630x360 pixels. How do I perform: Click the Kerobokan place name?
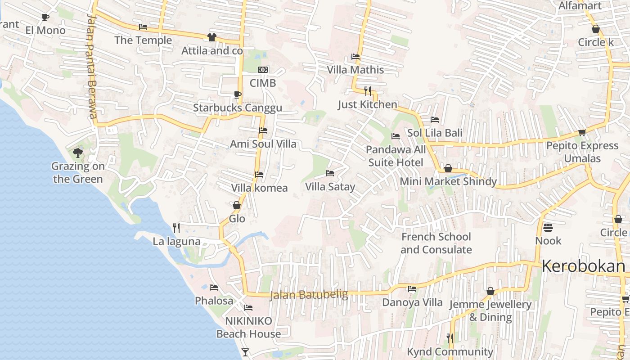[583, 266]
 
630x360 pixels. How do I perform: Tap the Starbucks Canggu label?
[238, 108]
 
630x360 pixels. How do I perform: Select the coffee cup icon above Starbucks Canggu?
[238, 94]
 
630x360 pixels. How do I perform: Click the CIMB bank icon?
[263, 70]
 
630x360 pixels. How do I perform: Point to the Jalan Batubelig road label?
[309, 295]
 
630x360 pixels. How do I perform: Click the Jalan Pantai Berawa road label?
[92, 66]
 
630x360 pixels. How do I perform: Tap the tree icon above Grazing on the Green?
[78, 153]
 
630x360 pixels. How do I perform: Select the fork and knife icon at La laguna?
[176, 228]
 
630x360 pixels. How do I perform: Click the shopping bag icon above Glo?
[237, 206]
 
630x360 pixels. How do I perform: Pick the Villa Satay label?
[330, 187]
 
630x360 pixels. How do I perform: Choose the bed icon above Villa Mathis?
[355, 57]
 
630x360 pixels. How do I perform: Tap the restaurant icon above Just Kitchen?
[368, 91]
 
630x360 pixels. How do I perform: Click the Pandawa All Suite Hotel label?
[396, 156]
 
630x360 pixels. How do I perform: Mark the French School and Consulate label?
[436, 243]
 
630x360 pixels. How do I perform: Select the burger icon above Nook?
[548, 227]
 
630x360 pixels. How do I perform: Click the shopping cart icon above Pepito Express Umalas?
[582, 133]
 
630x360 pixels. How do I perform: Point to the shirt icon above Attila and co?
[212, 37]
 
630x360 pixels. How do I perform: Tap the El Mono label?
[45, 31]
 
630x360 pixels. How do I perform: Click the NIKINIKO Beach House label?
[248, 327]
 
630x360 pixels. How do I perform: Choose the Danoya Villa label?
[412, 302]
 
